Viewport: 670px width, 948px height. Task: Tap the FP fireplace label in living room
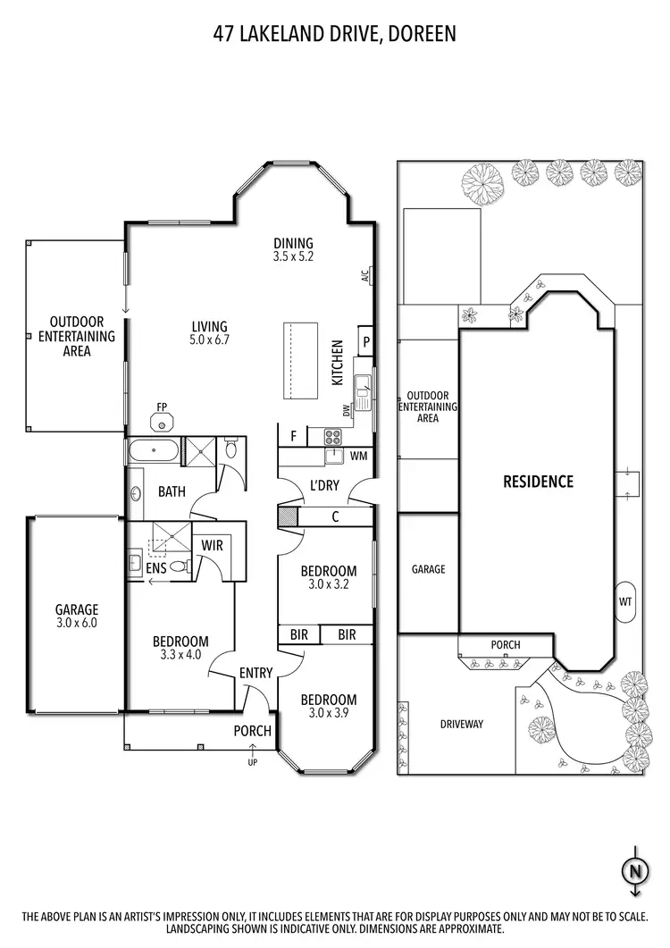pyautogui.click(x=163, y=407)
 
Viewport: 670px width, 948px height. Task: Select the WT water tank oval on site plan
pyautogui.click(x=625, y=601)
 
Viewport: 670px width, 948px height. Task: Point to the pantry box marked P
pyautogui.click(x=364, y=341)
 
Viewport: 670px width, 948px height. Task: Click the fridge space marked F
pyautogui.click(x=292, y=437)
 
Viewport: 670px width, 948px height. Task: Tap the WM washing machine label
pyautogui.click(x=359, y=457)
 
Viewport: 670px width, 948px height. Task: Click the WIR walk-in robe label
pyautogui.click(x=212, y=545)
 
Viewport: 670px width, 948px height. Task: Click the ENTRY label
pyautogui.click(x=255, y=673)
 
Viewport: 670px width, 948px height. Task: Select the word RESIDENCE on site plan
pyautogui.click(x=538, y=482)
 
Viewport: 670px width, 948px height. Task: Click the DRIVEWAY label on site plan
pyautogui.click(x=461, y=724)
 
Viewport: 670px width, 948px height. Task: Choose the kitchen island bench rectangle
pyautogui.click(x=301, y=362)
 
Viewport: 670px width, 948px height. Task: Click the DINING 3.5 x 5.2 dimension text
pyautogui.click(x=293, y=256)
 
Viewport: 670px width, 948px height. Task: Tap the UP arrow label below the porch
pyautogui.click(x=253, y=762)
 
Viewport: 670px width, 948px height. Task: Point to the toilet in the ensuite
pyautogui.click(x=178, y=566)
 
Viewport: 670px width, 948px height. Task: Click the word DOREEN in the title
pyautogui.click(x=423, y=35)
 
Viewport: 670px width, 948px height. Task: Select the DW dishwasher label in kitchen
pyautogui.click(x=346, y=409)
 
